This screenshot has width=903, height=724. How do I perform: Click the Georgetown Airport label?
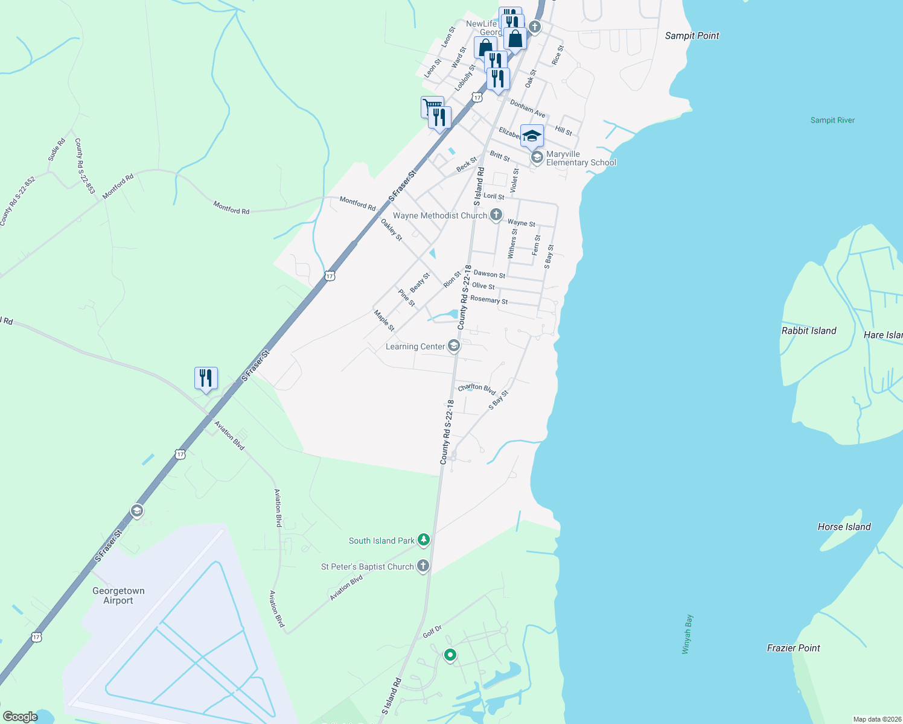118,595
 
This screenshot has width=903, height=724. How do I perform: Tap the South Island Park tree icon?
424,540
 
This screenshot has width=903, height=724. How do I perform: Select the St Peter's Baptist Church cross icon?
423,566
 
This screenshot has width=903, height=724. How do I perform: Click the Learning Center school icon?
454,346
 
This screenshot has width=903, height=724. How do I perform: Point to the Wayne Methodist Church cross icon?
496,215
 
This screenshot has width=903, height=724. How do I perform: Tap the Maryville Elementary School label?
581,158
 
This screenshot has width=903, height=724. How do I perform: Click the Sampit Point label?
692,36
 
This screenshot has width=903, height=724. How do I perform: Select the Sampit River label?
832,120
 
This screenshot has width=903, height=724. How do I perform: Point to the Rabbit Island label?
809,331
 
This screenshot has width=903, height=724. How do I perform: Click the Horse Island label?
844,527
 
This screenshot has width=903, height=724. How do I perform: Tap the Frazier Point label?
793,648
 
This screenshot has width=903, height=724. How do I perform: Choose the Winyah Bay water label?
687,634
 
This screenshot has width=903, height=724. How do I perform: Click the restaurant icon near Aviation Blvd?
206,378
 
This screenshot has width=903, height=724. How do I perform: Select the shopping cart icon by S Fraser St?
432,106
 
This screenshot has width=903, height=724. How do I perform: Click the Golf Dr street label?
432,632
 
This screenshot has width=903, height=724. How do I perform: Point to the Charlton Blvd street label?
477,388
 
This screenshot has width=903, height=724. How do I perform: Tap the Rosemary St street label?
489,300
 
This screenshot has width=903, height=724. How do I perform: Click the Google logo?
20,716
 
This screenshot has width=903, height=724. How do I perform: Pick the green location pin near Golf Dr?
450,655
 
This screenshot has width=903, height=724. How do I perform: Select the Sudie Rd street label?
57,150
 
